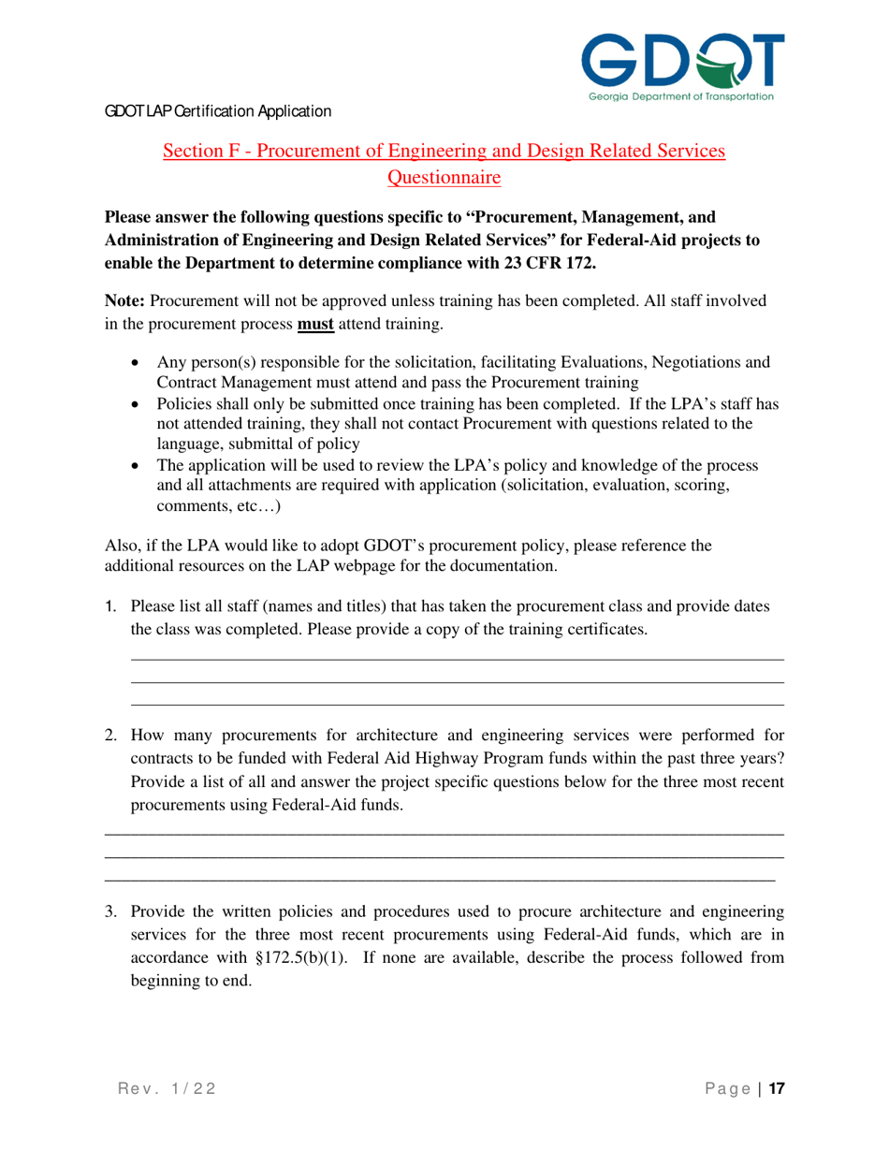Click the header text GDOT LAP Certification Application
217,111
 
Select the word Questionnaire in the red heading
444,176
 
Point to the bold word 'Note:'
125,301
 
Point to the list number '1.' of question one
110,606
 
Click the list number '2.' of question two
110,735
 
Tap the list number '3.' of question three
110,911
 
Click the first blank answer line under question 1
457,661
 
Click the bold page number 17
776,1089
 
